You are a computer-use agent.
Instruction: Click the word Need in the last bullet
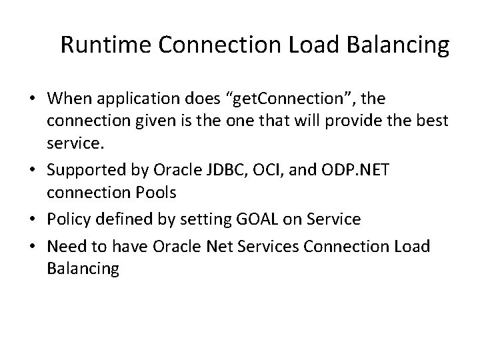(65, 247)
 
